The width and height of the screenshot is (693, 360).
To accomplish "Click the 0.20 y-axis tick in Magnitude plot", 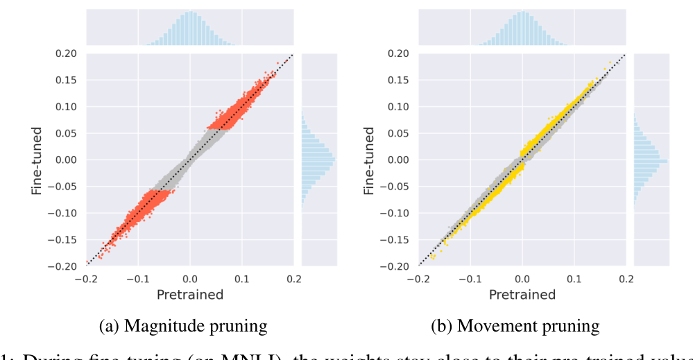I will [x=68, y=53].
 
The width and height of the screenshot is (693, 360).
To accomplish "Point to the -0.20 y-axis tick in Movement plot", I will [x=399, y=266].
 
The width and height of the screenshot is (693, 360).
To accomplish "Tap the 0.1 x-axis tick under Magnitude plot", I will [x=241, y=279].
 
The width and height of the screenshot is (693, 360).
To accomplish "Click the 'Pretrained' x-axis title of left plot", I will [x=190, y=295].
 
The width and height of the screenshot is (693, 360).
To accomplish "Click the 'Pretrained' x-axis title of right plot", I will [x=522, y=295].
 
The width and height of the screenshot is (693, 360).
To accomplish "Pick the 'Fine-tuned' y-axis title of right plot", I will [x=370, y=160].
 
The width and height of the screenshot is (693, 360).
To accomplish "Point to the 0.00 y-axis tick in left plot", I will [x=68, y=160].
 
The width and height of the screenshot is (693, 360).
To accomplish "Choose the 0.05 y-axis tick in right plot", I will [x=400, y=133].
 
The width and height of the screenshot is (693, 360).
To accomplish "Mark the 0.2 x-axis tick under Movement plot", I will [x=626, y=279].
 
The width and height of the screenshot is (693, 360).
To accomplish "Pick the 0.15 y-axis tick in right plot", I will [x=400, y=80].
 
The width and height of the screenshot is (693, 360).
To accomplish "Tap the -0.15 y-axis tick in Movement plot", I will [x=399, y=240].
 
